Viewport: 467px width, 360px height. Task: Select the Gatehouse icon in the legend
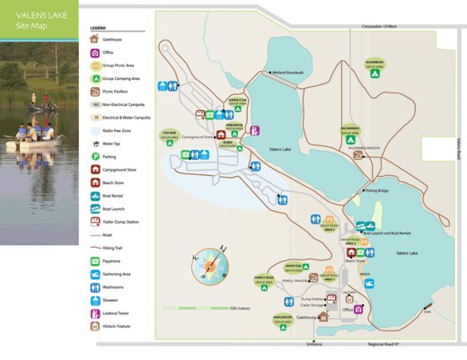(x=95, y=40)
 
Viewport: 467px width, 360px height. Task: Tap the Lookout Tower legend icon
(x=95, y=312)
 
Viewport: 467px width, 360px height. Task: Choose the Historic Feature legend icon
(x=95, y=326)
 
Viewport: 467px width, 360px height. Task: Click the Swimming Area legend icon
(x=95, y=274)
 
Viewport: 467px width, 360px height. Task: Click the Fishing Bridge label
(x=377, y=190)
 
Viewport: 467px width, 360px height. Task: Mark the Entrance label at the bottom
(x=313, y=343)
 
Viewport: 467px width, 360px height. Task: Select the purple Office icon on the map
(x=358, y=309)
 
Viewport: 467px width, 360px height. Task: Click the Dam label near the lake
(x=427, y=312)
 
